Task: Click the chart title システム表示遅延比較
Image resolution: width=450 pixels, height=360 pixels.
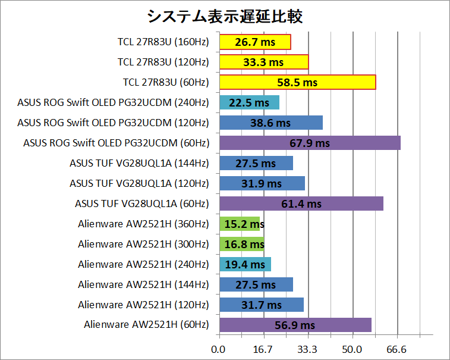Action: coord(225,16)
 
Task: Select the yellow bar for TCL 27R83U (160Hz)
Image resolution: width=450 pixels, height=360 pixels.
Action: coord(255,42)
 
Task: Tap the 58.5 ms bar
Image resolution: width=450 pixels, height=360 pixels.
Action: coord(297,82)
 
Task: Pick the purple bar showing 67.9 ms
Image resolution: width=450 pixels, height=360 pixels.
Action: coord(310,143)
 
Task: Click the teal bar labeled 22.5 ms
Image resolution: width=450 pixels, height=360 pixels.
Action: coord(249,102)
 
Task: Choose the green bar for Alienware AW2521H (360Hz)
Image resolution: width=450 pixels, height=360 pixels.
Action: coord(241,224)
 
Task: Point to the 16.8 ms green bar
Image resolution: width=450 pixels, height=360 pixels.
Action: coord(242,244)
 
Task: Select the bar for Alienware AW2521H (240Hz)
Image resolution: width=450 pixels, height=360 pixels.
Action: coord(245,264)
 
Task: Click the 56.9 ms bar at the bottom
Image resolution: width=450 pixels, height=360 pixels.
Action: coord(295,325)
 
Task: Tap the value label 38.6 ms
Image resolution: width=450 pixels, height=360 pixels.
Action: coord(270,123)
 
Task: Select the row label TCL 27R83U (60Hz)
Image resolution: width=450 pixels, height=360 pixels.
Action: coord(166,82)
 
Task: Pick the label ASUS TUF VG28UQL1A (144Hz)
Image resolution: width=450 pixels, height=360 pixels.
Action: coord(139,163)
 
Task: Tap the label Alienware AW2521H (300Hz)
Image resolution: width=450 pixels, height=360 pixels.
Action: coord(143,244)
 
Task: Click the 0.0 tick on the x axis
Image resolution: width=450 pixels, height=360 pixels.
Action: coord(219,349)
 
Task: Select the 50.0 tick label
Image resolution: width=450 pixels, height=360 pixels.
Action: coord(353,349)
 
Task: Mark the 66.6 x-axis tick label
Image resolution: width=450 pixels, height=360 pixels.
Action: coord(397,349)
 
